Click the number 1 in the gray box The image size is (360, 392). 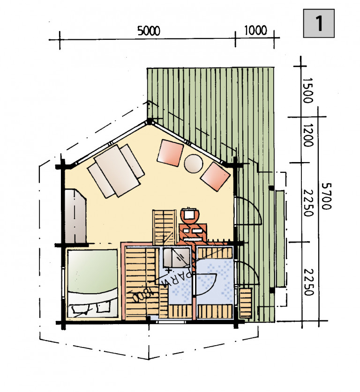pos(319,23)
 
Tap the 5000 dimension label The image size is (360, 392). pos(149,31)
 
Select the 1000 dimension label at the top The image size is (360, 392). pos(255,30)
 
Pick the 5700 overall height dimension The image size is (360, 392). pos(326,196)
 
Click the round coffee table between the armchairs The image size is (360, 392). pos(194,163)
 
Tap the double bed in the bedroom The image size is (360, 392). pos(92,283)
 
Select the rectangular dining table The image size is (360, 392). pos(117,171)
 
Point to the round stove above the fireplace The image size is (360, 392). pos(191,215)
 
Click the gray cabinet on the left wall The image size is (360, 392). pos(75,216)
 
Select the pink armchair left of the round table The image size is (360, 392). pos(170,153)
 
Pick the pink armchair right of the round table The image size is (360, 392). pos(215,176)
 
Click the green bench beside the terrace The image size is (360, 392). pos(280,238)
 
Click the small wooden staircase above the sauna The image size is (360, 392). pos(164,228)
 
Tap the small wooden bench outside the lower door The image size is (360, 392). pos(246,303)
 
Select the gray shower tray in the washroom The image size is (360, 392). pos(176,258)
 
